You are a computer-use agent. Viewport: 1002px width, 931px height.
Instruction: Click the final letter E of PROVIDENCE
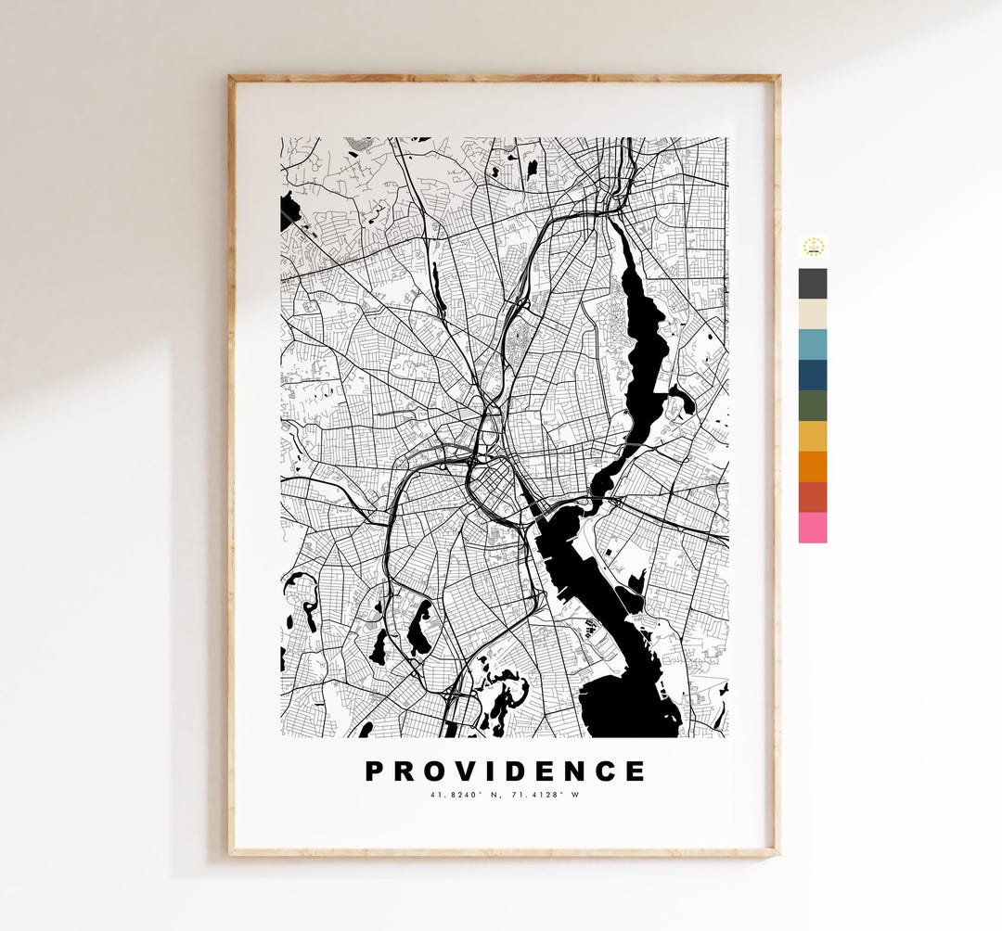coord(635,772)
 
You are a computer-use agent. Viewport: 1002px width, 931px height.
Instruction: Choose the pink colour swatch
coord(812,528)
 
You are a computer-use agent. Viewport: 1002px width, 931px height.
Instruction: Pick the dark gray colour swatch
coord(812,284)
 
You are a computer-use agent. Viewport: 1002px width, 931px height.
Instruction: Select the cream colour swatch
coord(812,313)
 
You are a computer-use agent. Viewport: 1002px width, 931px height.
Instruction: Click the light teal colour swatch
coord(812,344)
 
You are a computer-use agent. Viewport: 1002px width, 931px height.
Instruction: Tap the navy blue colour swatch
coord(812,375)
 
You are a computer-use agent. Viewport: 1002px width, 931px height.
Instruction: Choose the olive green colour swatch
coord(812,405)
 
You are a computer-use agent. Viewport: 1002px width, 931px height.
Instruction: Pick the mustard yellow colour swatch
coord(812,436)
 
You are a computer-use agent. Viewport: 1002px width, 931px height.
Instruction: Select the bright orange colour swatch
coord(812,466)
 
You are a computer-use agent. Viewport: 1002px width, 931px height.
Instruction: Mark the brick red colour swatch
coord(812,497)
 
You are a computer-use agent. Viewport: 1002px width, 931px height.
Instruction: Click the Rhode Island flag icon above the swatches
coord(813,247)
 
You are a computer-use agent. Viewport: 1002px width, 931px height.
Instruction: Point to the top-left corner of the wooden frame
coord(231,78)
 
